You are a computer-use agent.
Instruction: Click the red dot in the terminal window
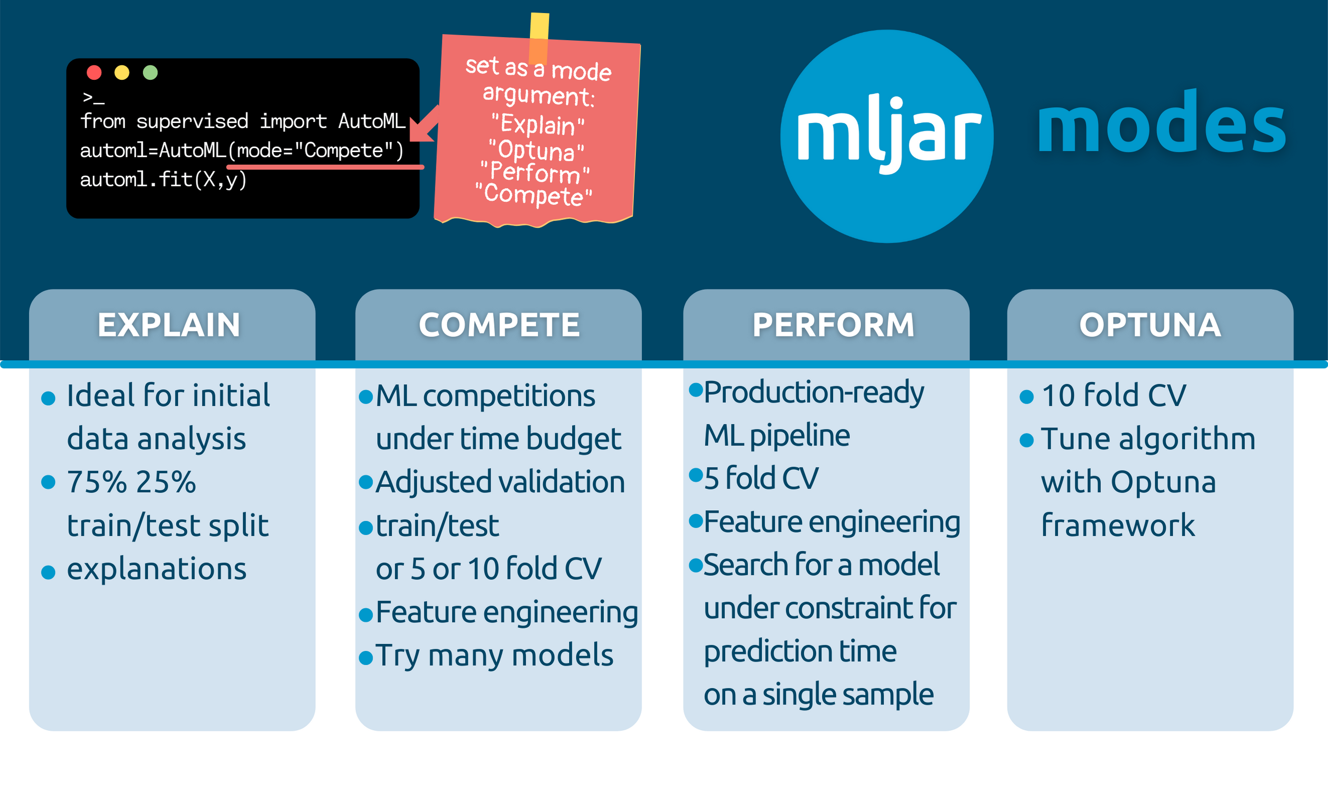click(x=94, y=72)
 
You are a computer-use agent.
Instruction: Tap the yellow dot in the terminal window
click(x=122, y=72)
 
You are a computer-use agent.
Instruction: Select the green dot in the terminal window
click(x=150, y=72)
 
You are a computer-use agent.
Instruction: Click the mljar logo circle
click(x=887, y=136)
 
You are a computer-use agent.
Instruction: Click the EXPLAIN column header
click(x=169, y=325)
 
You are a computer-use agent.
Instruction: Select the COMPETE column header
click(x=499, y=325)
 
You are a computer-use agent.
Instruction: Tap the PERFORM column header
click(x=833, y=325)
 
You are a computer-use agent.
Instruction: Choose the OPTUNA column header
click(x=1150, y=325)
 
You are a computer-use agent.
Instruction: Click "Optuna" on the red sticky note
click(x=536, y=150)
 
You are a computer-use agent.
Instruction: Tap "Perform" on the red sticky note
click(x=535, y=172)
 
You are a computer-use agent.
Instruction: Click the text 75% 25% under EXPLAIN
click(x=131, y=482)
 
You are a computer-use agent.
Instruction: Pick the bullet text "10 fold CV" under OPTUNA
click(x=1113, y=396)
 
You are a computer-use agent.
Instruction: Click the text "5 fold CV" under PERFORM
click(x=760, y=478)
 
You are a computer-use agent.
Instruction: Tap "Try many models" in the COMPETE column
click(x=494, y=655)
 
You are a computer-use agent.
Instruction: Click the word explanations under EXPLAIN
click(x=156, y=569)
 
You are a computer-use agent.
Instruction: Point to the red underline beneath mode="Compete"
click(x=325, y=168)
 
